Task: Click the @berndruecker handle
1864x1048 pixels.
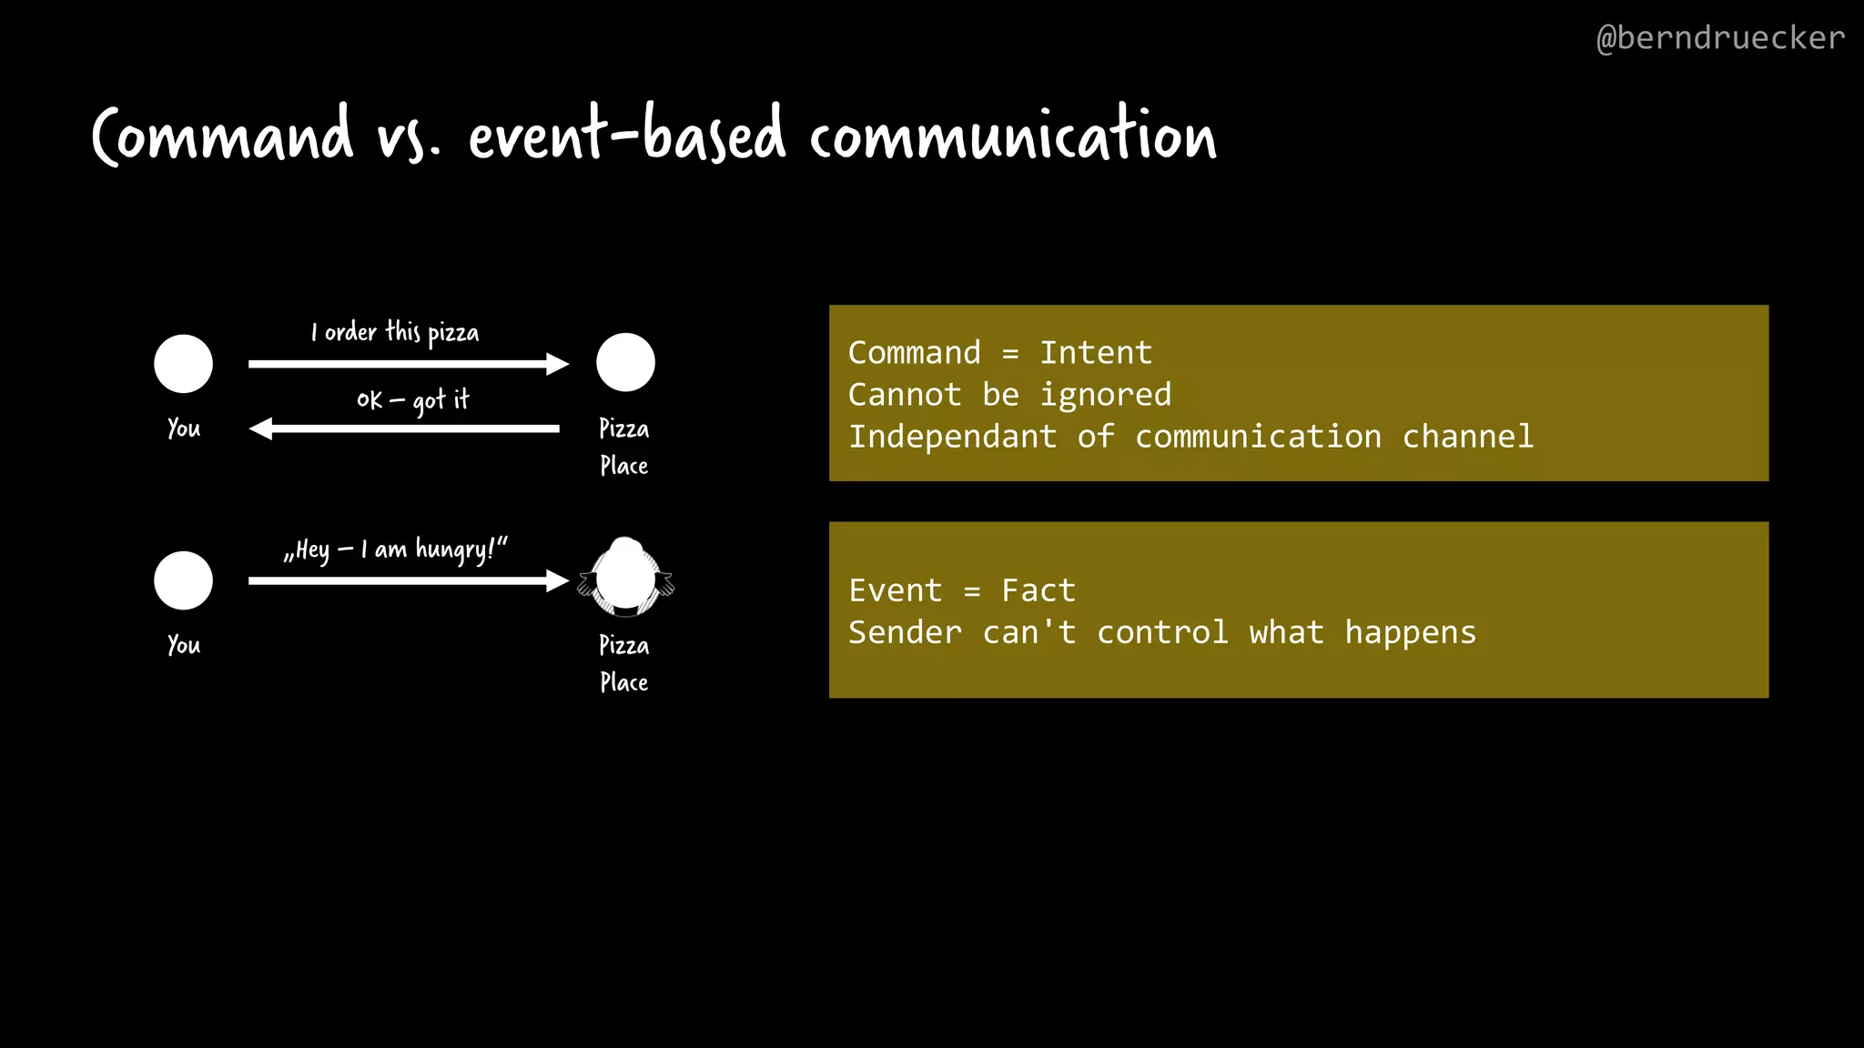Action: click(x=1720, y=38)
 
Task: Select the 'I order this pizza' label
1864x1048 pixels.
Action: click(x=395, y=333)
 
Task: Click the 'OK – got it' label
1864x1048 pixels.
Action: click(x=412, y=400)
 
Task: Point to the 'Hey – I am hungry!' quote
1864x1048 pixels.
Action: click(x=395, y=549)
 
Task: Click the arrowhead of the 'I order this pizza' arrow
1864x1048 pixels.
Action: click(x=557, y=364)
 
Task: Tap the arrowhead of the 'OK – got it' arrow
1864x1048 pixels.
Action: click(x=262, y=428)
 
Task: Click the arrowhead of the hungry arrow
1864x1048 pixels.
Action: click(x=557, y=580)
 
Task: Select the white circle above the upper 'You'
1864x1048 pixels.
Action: click(x=184, y=364)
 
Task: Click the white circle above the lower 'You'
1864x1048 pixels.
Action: click(x=184, y=580)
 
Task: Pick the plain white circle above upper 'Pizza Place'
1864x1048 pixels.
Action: click(x=625, y=362)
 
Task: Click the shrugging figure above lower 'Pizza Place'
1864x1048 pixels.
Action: click(x=625, y=577)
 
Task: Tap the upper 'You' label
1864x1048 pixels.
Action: click(x=184, y=428)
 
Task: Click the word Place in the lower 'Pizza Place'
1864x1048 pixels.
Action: click(x=624, y=682)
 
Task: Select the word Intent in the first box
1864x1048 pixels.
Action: click(x=1096, y=353)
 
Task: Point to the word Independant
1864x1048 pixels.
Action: click(x=952, y=437)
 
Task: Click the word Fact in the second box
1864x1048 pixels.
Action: click(x=1038, y=591)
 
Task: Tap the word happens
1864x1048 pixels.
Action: click(x=1410, y=633)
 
